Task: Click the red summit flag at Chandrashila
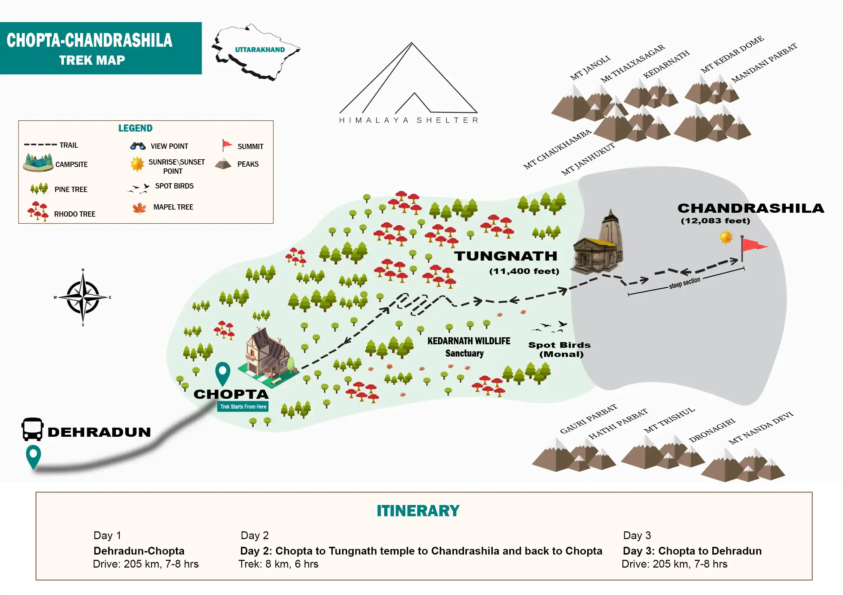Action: point(753,245)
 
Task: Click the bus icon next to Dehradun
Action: point(32,429)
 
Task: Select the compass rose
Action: point(83,297)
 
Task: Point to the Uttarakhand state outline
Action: point(256,51)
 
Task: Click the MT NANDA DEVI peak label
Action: point(761,428)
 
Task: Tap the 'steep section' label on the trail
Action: point(684,283)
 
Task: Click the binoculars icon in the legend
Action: point(138,146)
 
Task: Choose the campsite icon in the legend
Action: point(38,163)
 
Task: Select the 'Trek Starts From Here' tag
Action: point(243,407)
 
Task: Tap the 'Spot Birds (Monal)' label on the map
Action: point(560,350)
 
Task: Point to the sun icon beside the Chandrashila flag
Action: point(726,237)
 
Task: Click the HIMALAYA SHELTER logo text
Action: point(408,120)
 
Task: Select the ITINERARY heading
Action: point(418,511)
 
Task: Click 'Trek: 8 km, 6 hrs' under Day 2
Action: point(279,564)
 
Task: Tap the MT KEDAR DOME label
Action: point(732,55)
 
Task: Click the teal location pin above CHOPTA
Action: point(222,373)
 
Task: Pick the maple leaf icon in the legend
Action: point(139,209)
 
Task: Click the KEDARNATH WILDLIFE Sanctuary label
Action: point(468,347)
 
